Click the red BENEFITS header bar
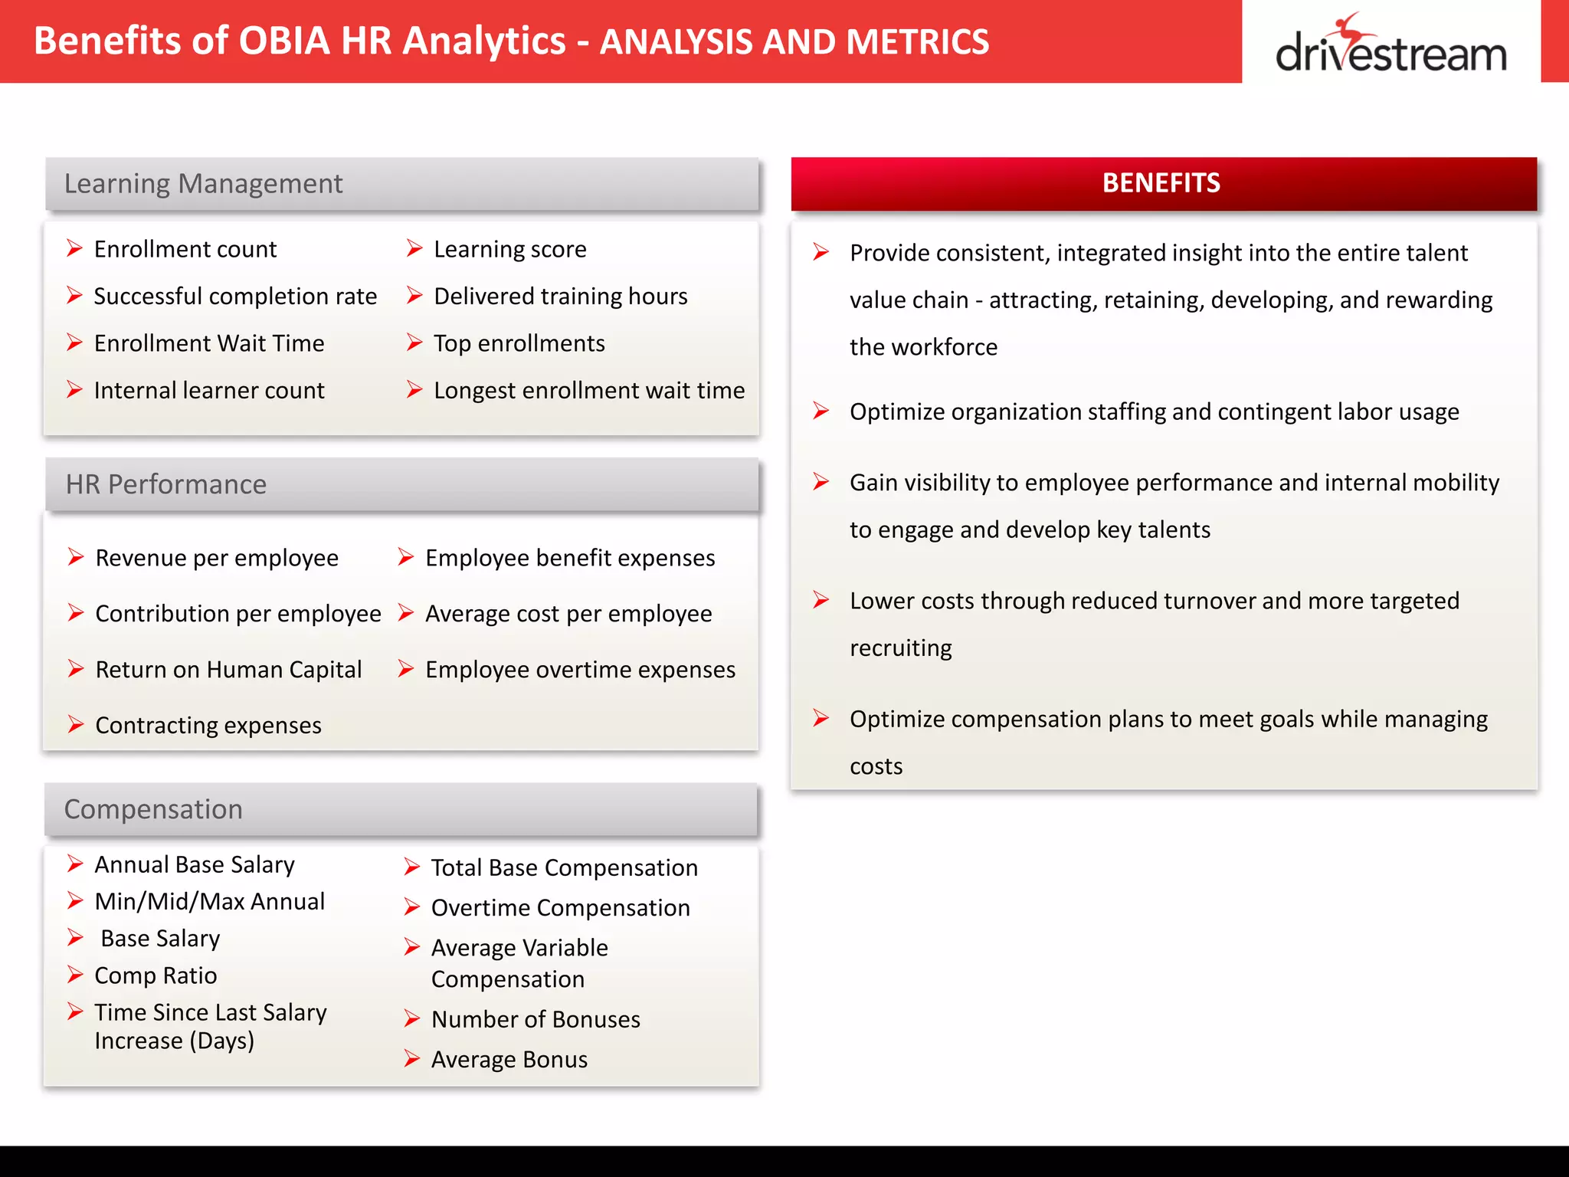tap(1163, 184)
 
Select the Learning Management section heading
tap(203, 184)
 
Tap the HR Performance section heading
tap(166, 484)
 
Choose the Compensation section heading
tap(153, 809)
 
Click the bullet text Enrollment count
tap(185, 249)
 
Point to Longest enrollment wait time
tap(588, 390)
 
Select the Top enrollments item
tap(519, 343)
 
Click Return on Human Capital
tap(228, 670)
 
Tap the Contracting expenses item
tap(208, 725)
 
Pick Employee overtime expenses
tap(580, 670)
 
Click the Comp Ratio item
tap(156, 975)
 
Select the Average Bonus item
tap(509, 1059)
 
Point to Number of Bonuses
tap(536, 1019)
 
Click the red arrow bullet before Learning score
tap(414, 248)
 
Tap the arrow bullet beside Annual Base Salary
tap(75, 864)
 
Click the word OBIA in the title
tap(283, 41)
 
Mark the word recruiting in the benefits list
tap(900, 648)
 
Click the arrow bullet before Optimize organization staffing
tap(821, 411)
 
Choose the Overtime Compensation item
tap(560, 908)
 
